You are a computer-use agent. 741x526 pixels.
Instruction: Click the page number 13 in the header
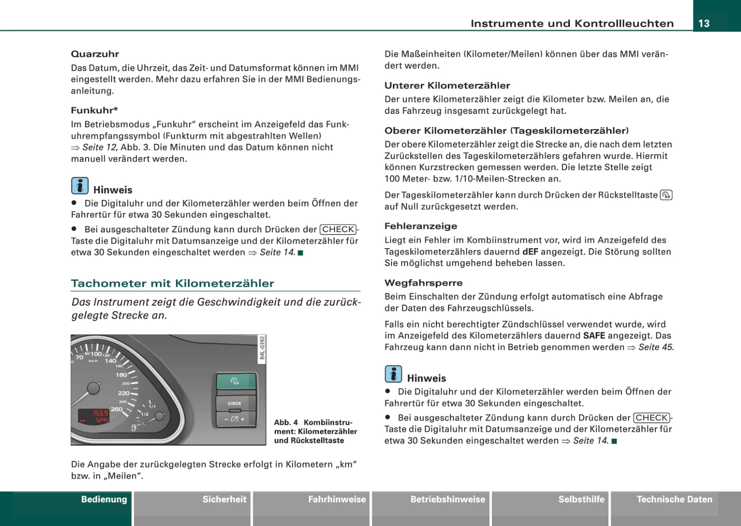[704, 23]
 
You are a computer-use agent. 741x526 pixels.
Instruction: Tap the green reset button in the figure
[236, 381]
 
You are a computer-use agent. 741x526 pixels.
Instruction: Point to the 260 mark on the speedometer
[116, 409]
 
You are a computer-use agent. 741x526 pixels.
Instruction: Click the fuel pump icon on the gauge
[134, 428]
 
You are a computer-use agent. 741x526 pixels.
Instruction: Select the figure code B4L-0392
[262, 348]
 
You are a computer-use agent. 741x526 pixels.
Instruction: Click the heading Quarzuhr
[95, 54]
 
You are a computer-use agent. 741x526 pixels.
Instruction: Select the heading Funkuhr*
[94, 110]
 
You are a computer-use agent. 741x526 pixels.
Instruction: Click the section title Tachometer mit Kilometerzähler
[172, 283]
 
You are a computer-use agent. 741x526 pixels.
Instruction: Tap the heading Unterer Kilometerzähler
[447, 86]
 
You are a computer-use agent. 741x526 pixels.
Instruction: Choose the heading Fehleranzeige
[421, 226]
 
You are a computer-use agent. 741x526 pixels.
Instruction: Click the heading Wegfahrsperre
[423, 283]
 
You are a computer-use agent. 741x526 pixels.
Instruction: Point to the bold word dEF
[530, 252]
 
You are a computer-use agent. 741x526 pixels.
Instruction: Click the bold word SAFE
[594, 336]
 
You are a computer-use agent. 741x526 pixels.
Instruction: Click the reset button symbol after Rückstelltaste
[666, 195]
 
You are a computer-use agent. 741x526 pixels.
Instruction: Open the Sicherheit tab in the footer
[224, 499]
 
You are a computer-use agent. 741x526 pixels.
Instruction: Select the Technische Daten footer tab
[674, 499]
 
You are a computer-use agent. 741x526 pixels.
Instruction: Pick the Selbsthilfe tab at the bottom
[581, 499]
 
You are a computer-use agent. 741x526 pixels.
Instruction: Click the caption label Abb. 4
[286, 423]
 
